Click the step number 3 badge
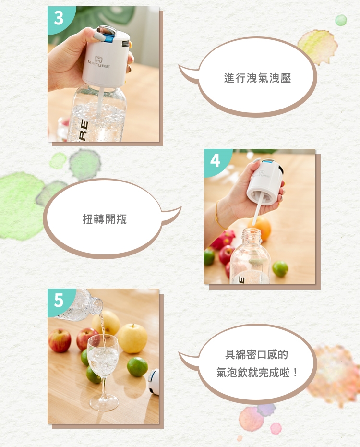(x=59, y=18)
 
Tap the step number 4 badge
(x=215, y=161)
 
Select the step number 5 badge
(x=59, y=300)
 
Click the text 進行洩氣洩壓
(x=257, y=78)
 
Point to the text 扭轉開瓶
(x=104, y=219)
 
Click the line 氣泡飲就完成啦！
(x=257, y=372)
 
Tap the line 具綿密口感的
(x=256, y=354)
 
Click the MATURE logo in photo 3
(x=98, y=62)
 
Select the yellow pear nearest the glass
(x=133, y=338)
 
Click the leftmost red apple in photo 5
(x=60, y=340)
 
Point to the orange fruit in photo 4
(x=262, y=228)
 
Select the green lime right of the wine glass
(x=137, y=367)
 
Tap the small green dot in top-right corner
(x=341, y=20)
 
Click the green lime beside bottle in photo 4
(x=280, y=269)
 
